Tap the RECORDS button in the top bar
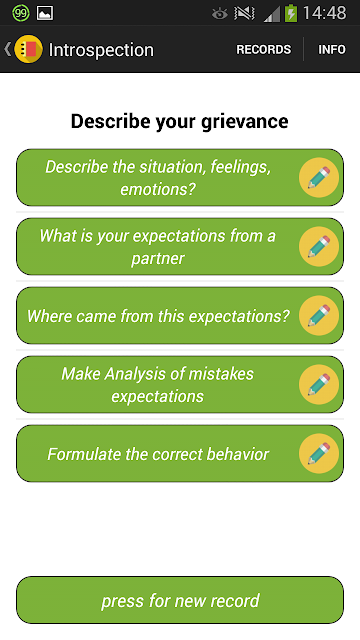coord(264,49)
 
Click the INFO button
coord(332,49)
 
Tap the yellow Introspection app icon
coord(28,49)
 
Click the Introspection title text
coord(101,50)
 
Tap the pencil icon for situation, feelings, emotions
coord(319,177)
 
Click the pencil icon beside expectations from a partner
coord(319,246)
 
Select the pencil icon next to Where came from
coord(319,315)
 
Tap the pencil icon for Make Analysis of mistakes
coord(319,384)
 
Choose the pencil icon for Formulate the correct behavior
coord(319,453)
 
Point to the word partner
coord(158,258)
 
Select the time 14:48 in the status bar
coord(324,13)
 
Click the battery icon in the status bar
coord(291,13)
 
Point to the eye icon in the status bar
coord(220,14)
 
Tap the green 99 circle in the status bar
coord(21,13)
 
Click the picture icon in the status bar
coord(45,13)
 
